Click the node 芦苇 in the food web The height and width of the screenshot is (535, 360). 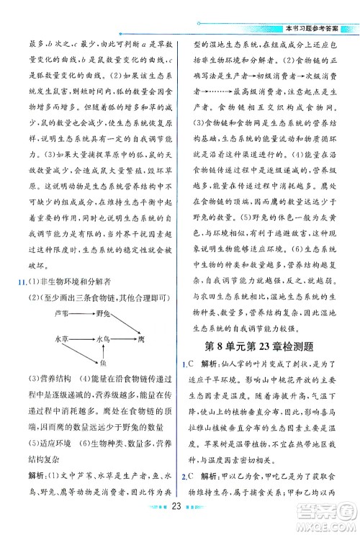62,314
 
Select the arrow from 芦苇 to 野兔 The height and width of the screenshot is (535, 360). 82,314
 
